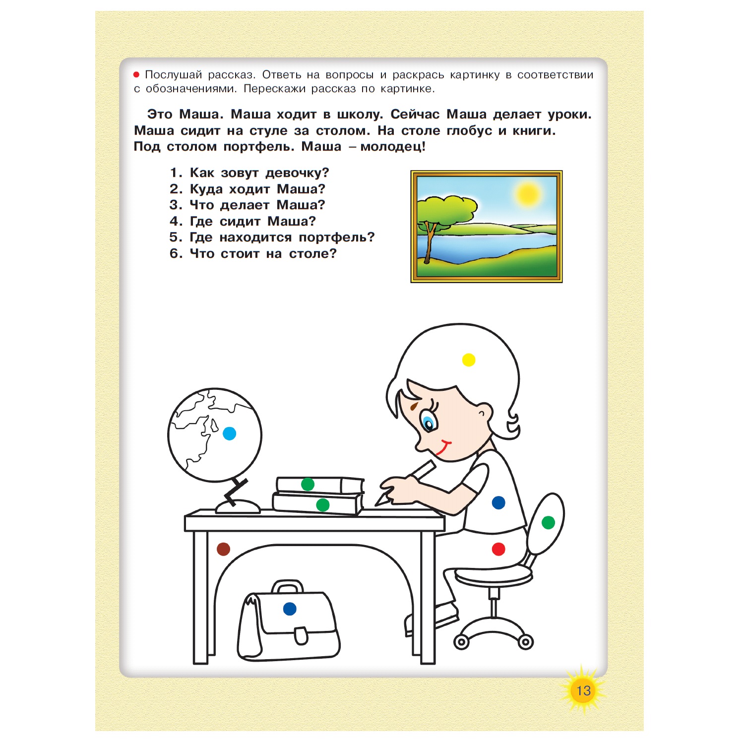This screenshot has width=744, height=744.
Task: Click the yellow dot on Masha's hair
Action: [x=468, y=360]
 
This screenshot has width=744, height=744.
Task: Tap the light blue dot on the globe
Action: [x=229, y=434]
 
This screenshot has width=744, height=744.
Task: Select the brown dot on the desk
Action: [x=224, y=549]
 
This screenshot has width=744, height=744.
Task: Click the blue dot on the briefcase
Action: [x=290, y=609]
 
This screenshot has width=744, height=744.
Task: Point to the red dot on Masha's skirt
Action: [x=498, y=549]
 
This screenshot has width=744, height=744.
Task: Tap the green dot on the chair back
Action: [x=548, y=522]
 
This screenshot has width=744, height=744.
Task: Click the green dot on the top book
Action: [x=308, y=484]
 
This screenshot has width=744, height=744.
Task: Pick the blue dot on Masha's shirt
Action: [x=498, y=503]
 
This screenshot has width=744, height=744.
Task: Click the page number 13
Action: [x=583, y=690]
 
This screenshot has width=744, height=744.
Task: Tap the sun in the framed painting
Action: [x=527, y=193]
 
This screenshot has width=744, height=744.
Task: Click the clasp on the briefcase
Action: [x=301, y=635]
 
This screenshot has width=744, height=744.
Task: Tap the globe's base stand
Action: [x=238, y=506]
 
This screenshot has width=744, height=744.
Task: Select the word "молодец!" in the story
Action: [x=393, y=146]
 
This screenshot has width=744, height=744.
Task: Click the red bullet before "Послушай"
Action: [x=136, y=75]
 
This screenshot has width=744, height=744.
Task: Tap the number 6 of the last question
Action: [x=174, y=253]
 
